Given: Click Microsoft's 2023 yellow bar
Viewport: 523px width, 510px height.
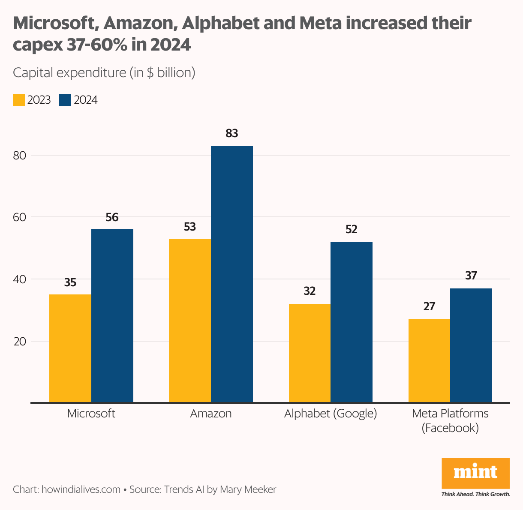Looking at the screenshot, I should (70, 348).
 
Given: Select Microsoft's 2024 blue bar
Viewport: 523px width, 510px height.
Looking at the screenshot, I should (112, 316).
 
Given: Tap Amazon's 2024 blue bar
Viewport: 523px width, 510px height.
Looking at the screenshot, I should (232, 274).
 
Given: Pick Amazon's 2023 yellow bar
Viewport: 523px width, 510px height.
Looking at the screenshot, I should (190, 321).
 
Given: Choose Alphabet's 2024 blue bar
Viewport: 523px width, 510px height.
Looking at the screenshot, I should (352, 322).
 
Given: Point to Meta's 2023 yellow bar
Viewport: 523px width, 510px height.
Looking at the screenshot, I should (429, 361).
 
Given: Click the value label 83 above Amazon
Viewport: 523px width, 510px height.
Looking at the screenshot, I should (231, 134).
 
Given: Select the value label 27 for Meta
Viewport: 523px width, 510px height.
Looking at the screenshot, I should (429, 306).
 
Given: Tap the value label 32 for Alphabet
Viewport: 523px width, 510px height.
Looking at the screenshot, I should (310, 291).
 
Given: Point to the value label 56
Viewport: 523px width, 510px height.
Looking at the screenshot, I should (112, 218).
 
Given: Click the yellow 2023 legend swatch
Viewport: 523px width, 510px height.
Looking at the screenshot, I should (19, 100).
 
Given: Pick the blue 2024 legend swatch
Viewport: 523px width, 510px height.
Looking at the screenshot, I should (65, 100).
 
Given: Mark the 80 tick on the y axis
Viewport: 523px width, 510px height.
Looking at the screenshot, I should (20, 155).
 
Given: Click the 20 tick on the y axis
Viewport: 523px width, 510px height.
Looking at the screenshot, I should (20, 341).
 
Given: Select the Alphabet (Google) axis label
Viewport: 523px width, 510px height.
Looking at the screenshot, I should (331, 414).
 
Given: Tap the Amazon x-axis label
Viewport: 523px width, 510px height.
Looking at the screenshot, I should (211, 414).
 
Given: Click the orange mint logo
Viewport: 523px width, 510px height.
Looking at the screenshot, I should (475, 473).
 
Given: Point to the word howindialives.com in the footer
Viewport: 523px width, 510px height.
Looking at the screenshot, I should (81, 489).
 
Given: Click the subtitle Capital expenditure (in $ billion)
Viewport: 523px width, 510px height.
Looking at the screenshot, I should (104, 72).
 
